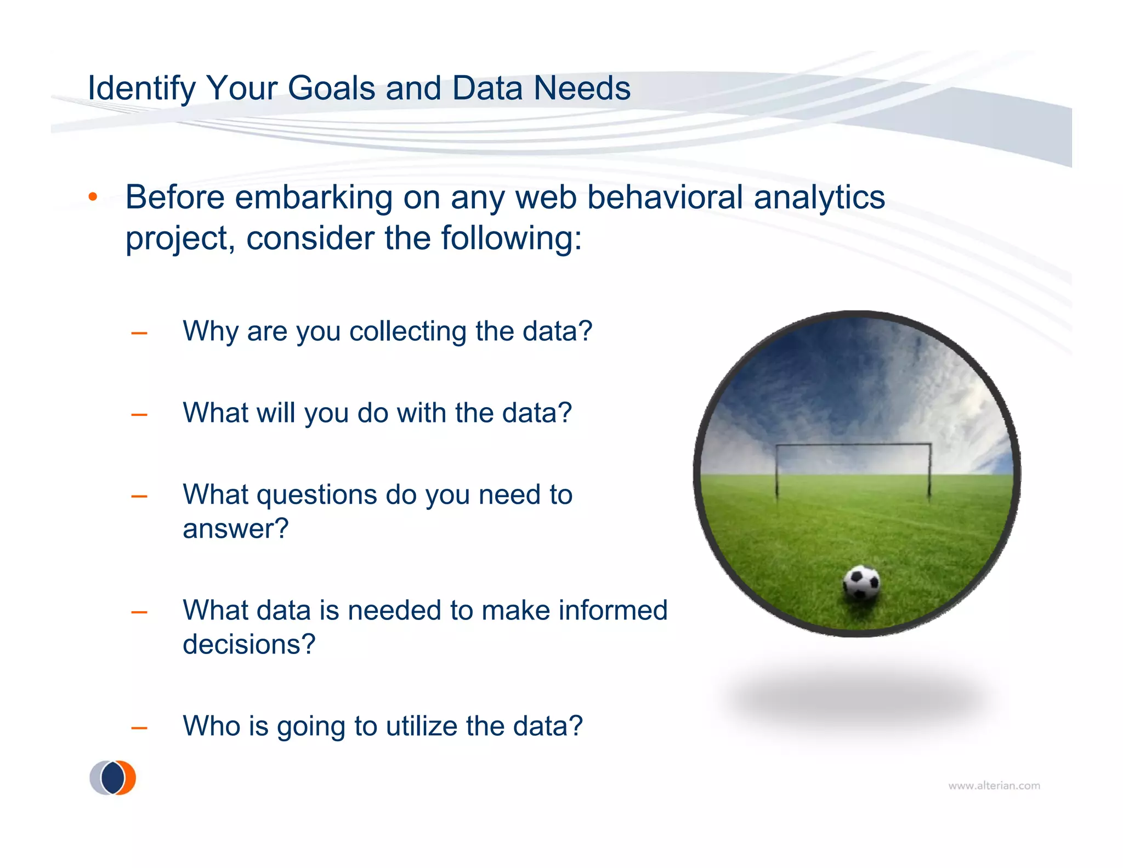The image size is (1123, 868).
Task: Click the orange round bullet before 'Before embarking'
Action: click(x=93, y=196)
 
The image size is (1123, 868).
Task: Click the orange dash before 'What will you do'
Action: click(x=139, y=415)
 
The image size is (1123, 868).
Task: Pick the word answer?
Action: click(x=235, y=529)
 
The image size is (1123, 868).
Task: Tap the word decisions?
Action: click(x=249, y=644)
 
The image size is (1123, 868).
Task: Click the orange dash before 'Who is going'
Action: click(x=139, y=728)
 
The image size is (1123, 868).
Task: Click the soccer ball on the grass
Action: click(x=861, y=583)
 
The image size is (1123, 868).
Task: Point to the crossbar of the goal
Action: click(x=853, y=444)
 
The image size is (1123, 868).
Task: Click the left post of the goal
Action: click(x=777, y=472)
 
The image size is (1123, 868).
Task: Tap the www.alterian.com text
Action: click(x=994, y=786)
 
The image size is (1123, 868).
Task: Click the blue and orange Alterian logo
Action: click(x=113, y=777)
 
